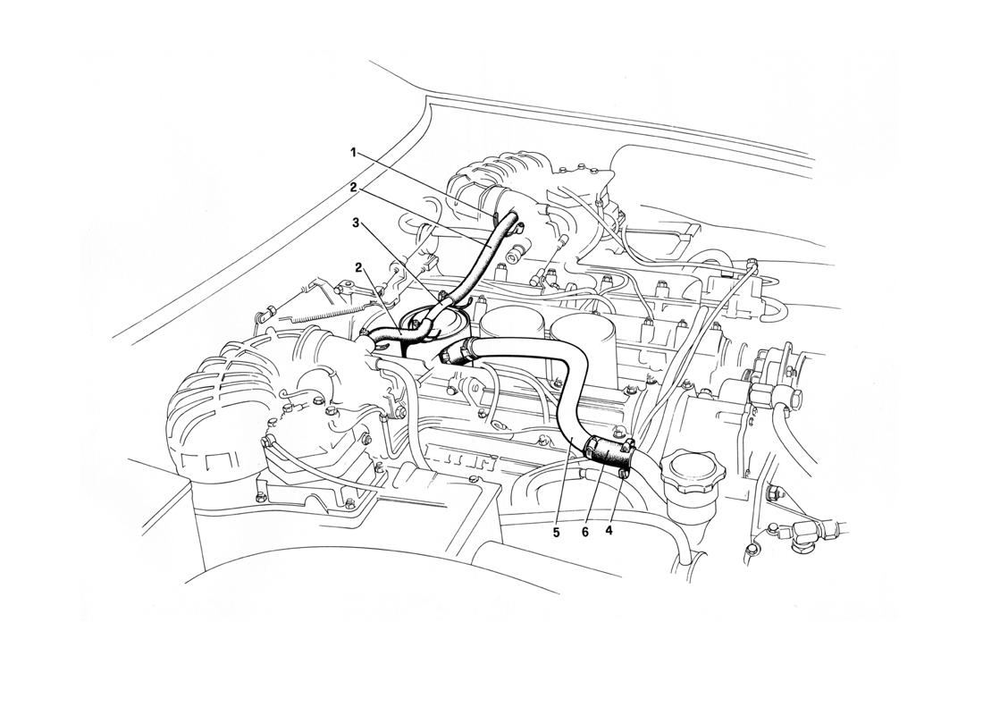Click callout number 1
pyautogui.click(x=354, y=152)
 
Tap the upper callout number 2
pyautogui.click(x=354, y=187)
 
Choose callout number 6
pyautogui.click(x=585, y=531)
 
